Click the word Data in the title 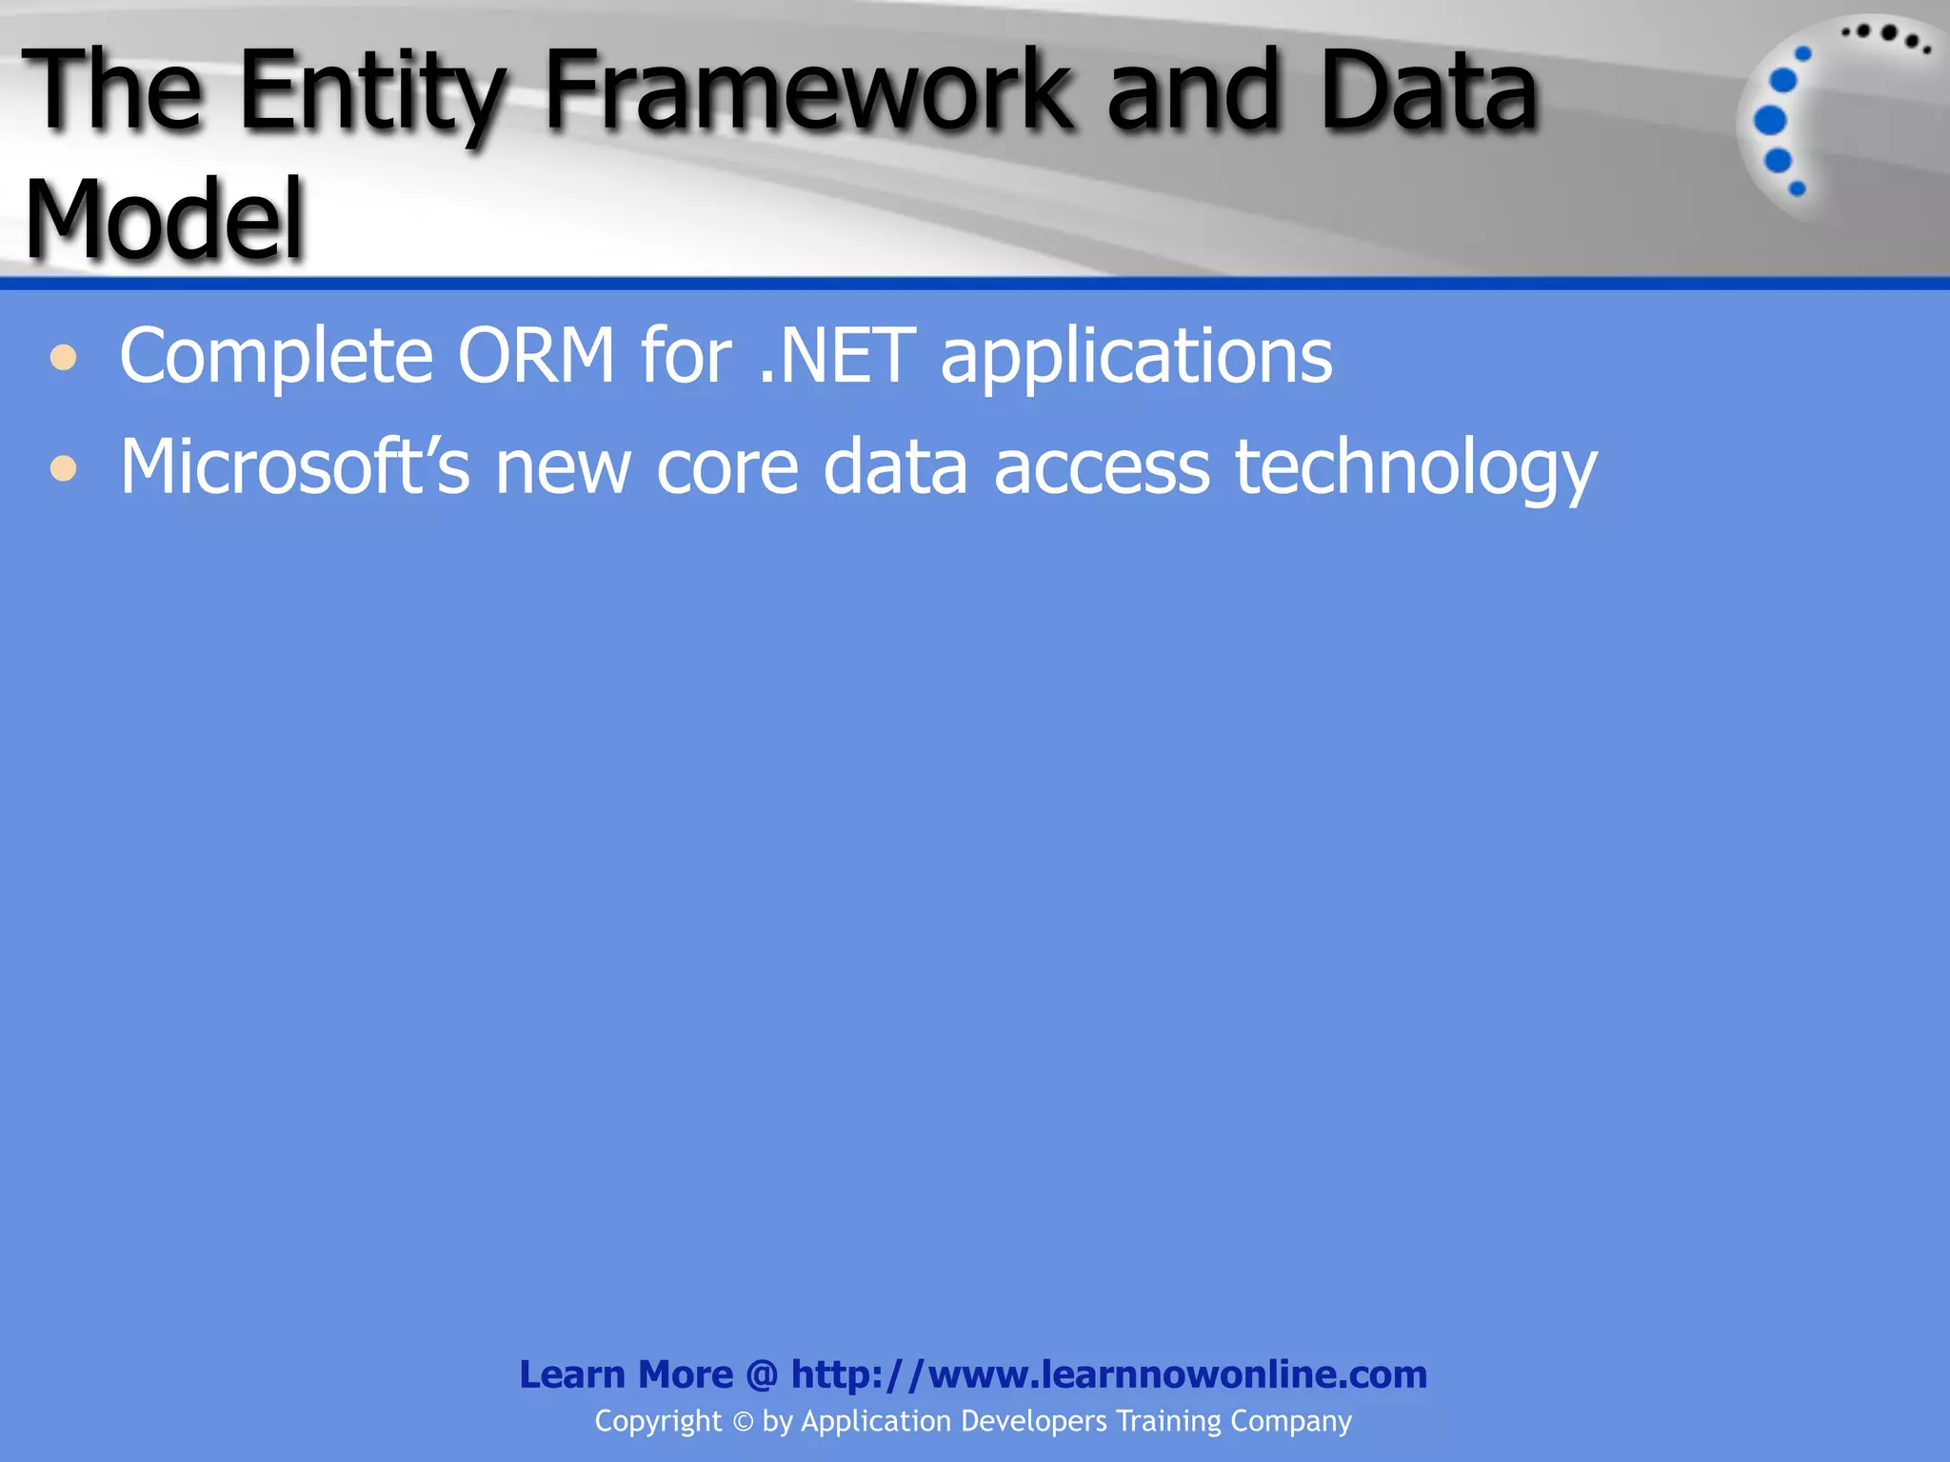tap(1428, 91)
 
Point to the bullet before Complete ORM tap(64, 358)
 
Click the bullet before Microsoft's tap(64, 468)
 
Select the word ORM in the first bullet tap(536, 356)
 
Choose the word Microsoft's tap(294, 466)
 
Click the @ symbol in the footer tap(762, 1375)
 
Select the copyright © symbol tap(743, 1422)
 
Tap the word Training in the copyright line tap(1168, 1421)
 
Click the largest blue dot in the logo tap(1770, 120)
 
